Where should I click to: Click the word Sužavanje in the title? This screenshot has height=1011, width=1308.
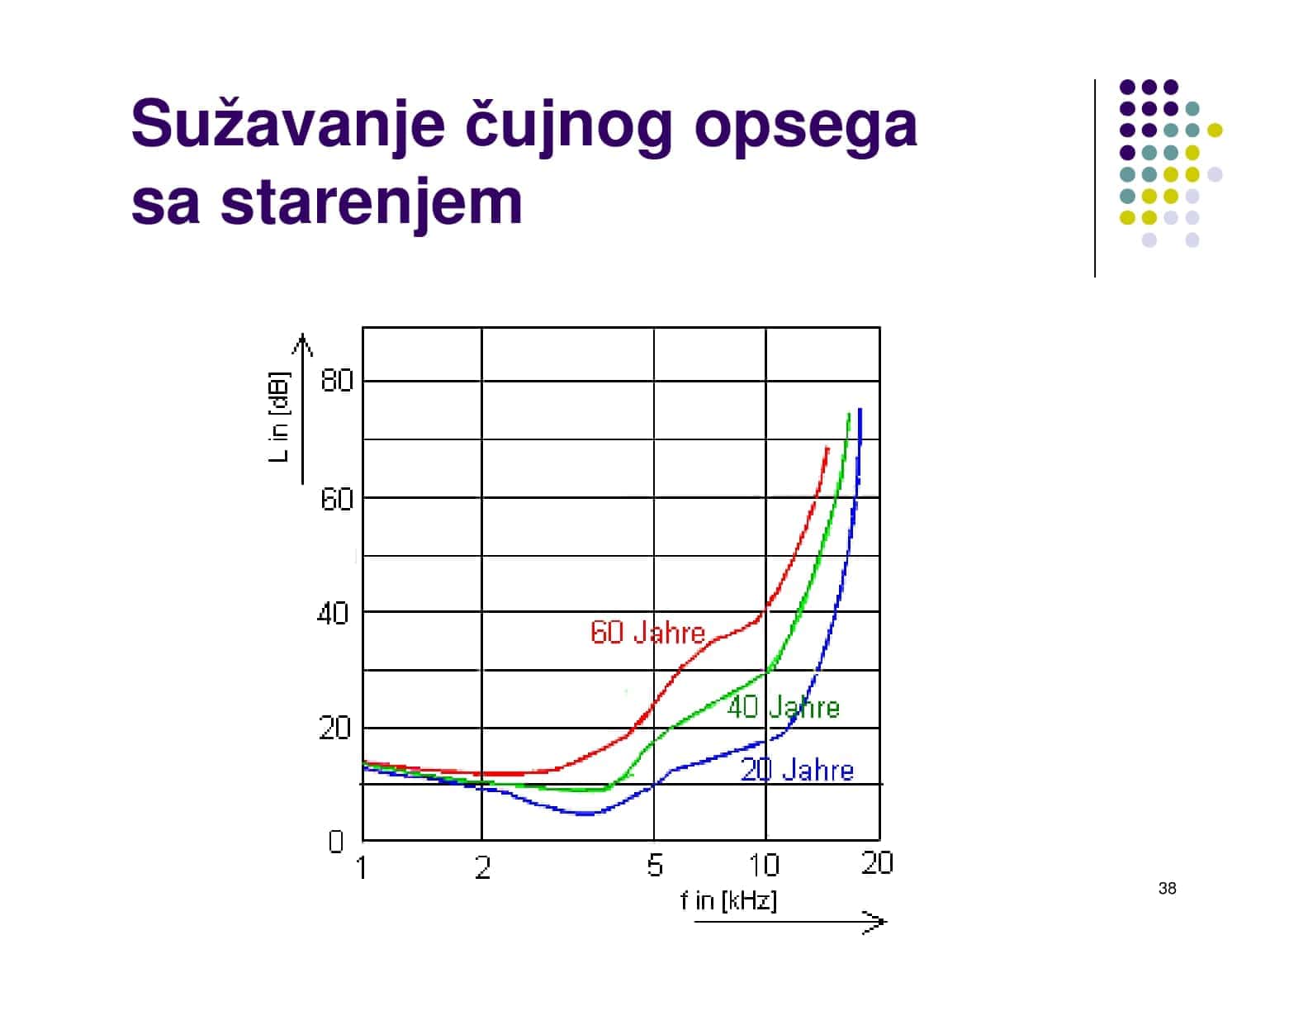pos(287,123)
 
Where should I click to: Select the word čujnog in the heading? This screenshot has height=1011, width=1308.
pos(567,126)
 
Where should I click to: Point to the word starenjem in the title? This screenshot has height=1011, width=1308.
pos(371,203)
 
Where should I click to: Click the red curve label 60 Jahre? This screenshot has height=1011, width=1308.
pos(647,632)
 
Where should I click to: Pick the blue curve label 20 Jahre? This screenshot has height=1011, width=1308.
pos(797,770)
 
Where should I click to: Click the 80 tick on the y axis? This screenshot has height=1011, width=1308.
pos(336,381)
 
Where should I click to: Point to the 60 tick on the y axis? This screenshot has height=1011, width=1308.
pos(336,499)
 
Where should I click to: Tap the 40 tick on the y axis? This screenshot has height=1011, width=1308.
pos(332,614)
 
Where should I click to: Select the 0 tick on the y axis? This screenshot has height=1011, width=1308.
pos(336,841)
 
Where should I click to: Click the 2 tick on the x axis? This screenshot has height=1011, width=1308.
pos(482,867)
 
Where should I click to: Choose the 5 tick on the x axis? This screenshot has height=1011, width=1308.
pos(655,866)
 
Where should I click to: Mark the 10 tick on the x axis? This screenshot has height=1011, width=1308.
pos(765,865)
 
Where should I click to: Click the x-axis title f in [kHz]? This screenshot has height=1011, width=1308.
pos(728,901)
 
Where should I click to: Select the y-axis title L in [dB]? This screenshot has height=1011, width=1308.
pos(279,416)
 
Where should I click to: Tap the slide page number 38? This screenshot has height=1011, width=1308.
pos(1167,888)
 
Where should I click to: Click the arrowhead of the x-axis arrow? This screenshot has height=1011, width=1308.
pos(883,921)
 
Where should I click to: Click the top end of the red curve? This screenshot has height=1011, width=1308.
pos(827,448)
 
